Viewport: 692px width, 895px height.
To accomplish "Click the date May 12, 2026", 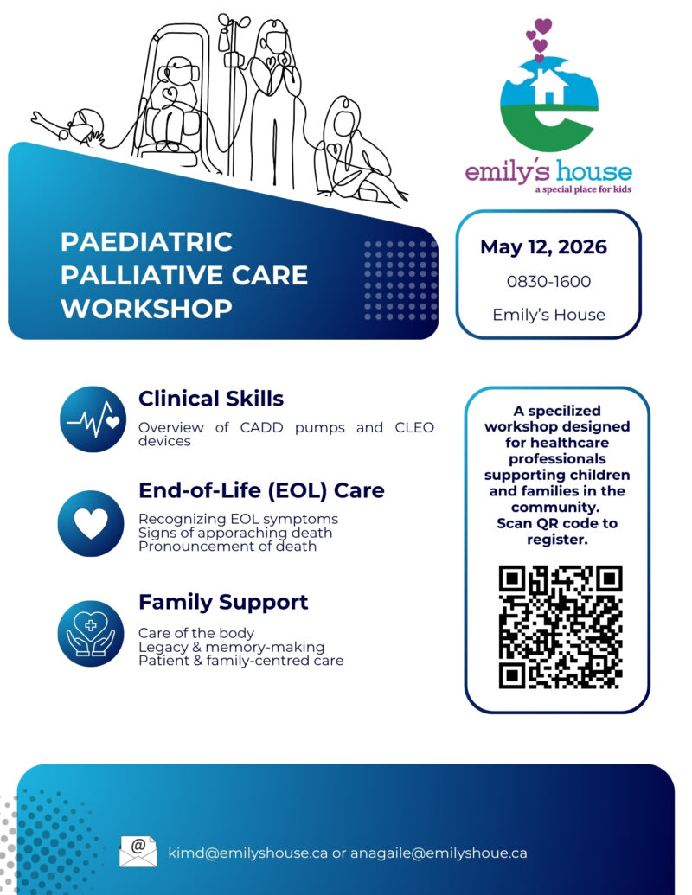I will (543, 247).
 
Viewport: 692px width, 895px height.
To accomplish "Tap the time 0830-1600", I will (548, 282).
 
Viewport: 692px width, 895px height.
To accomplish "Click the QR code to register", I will (561, 626).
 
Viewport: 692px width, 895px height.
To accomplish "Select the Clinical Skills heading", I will (210, 399).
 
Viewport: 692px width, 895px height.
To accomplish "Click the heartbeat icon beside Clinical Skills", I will (93, 419).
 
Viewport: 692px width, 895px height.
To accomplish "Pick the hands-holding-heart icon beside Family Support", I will (92, 633).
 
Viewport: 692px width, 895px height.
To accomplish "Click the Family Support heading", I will (223, 602).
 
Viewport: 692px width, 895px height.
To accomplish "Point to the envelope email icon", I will (138, 852).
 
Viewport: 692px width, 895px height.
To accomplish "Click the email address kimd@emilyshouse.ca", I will (248, 853).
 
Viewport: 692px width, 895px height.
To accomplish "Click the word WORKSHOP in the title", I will (146, 309).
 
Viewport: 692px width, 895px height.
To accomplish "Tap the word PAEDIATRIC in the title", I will (146, 242).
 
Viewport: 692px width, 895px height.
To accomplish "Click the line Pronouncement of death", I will (227, 547).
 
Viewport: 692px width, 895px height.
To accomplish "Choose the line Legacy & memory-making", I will (231, 647).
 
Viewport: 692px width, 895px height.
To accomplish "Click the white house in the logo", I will (549, 86).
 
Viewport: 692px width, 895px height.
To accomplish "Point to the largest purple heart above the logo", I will (543, 26).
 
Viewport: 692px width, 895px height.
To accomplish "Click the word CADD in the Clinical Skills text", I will (254, 427).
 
